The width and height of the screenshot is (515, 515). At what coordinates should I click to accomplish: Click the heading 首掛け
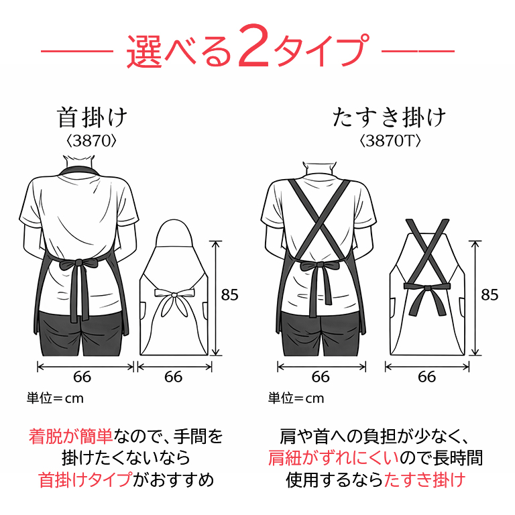pyautogui.click(x=92, y=117)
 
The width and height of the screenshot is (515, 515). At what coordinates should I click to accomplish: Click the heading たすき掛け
pyautogui.click(x=389, y=117)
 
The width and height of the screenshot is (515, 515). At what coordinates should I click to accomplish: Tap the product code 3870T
pyautogui.click(x=390, y=141)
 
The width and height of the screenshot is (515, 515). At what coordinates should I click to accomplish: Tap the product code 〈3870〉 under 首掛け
pyautogui.click(x=91, y=141)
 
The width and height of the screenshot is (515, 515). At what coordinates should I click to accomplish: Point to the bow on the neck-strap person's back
pyautogui.click(x=78, y=265)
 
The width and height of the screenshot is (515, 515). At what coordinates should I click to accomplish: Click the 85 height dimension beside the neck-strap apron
pyautogui.click(x=229, y=294)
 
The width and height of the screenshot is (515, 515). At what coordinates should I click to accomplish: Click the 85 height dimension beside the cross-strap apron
pyautogui.click(x=490, y=294)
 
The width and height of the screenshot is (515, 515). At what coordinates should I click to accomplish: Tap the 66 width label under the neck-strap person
pyautogui.click(x=82, y=377)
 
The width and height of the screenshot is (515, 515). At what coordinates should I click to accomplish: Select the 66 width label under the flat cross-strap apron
pyautogui.click(x=426, y=377)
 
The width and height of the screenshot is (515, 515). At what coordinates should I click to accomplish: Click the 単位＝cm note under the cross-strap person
pyautogui.click(x=296, y=398)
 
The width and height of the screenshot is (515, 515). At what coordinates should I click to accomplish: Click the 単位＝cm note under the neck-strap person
pyautogui.click(x=55, y=398)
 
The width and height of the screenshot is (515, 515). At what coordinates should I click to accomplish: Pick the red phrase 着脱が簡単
pyautogui.click(x=70, y=437)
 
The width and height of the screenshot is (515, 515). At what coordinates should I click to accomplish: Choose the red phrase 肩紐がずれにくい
pyautogui.click(x=333, y=458)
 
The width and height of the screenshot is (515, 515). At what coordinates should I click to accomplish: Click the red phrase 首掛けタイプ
pyautogui.click(x=86, y=479)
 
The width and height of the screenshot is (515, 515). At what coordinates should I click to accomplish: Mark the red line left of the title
pyautogui.click(x=77, y=51)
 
